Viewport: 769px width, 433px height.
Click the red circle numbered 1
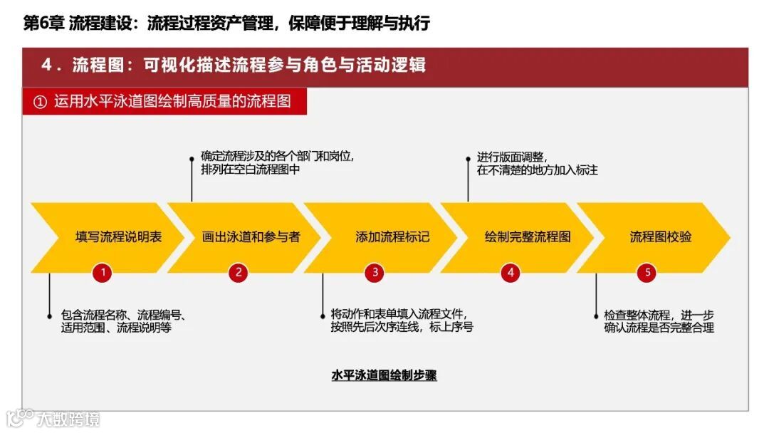[x=103, y=272]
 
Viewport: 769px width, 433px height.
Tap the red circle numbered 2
[x=239, y=272]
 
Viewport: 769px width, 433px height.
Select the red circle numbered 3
[x=374, y=272]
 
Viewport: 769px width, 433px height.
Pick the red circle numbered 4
[x=510, y=272]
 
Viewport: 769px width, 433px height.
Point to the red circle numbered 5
[x=647, y=272]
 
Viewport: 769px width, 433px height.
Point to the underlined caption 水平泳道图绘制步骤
[x=384, y=375]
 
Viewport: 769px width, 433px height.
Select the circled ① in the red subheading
[x=40, y=102]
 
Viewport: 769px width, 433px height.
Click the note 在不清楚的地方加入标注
[x=538, y=170]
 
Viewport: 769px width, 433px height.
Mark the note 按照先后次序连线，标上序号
[x=402, y=328]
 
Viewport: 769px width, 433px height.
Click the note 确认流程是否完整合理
[x=659, y=328]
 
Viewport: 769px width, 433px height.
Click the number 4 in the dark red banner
[x=47, y=65]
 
